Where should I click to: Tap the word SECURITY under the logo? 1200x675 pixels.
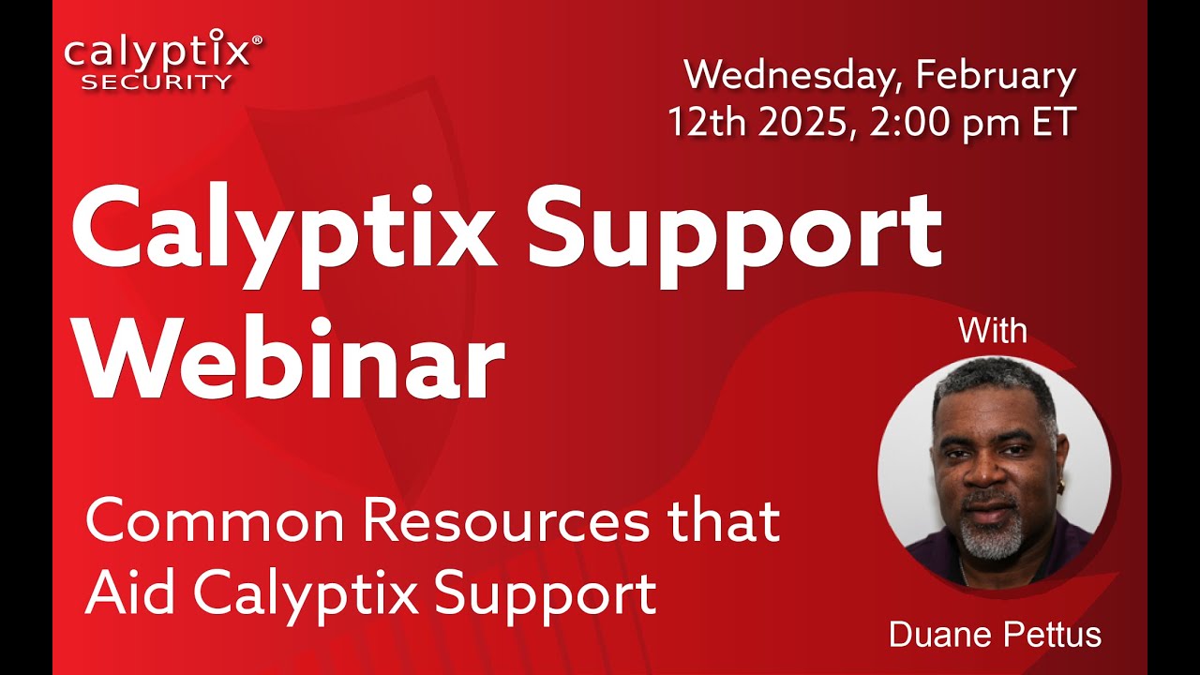(x=156, y=82)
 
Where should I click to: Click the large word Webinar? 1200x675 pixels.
(x=291, y=361)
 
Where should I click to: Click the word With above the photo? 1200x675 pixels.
(x=993, y=331)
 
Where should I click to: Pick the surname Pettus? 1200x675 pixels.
(x=1050, y=635)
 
